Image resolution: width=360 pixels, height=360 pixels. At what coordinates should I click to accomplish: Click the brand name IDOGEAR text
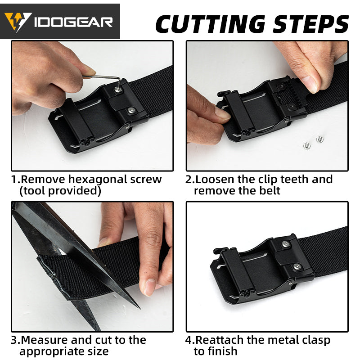pos(74,22)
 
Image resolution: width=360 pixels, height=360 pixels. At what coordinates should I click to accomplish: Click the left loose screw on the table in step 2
pos(306,145)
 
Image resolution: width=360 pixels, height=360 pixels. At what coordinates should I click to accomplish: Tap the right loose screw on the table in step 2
pos(319,139)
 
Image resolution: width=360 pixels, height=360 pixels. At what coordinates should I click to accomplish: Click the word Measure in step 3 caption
pos(42,340)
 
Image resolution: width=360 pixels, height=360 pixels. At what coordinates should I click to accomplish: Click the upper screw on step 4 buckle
pos(286,244)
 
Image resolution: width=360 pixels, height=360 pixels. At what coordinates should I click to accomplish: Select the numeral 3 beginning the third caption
pos(14,340)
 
